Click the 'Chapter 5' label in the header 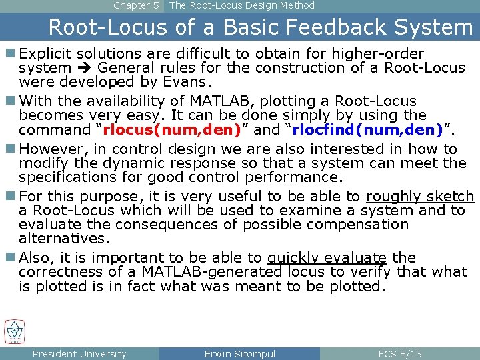(136, 5)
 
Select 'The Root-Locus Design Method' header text (242, 5)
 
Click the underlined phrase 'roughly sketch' (420, 197)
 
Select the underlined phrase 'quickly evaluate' (327, 258)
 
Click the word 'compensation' (365, 225)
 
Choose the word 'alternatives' (62, 239)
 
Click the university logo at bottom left (14, 331)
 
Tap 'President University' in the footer (79, 354)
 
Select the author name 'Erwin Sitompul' (239, 354)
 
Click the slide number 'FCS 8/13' (399, 354)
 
